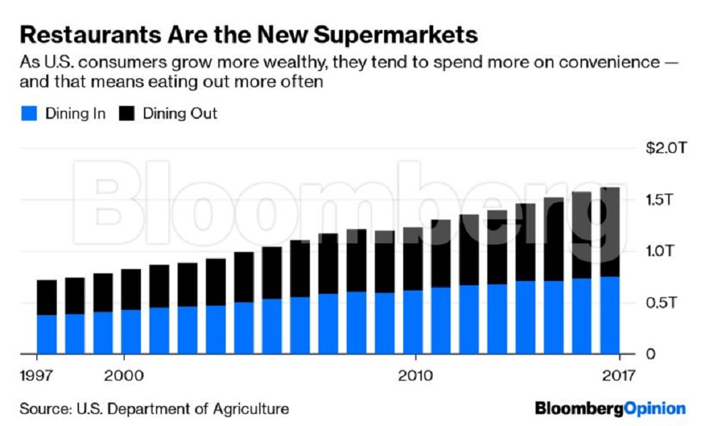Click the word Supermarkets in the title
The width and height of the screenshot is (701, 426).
[395, 36]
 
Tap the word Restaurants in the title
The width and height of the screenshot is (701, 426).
[90, 35]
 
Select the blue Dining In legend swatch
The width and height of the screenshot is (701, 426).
[29, 113]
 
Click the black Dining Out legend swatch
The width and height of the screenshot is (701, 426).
[127, 113]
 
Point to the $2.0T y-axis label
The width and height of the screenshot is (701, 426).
[665, 148]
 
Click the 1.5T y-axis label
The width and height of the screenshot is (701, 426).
[659, 200]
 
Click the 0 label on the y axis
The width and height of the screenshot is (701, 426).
[650, 354]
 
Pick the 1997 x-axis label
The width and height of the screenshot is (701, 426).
[36, 376]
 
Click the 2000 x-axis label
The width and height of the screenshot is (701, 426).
[124, 376]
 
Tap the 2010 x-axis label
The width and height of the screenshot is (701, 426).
[415, 376]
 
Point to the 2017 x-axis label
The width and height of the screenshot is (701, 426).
[618, 376]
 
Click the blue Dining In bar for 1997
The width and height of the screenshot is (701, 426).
[46, 334]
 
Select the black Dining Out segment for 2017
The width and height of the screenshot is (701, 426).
[610, 232]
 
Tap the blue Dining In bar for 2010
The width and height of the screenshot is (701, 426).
[412, 322]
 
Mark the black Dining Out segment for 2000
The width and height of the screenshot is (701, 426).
[131, 289]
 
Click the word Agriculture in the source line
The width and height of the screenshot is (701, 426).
[251, 409]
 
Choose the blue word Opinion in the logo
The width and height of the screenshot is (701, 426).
[655, 409]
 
